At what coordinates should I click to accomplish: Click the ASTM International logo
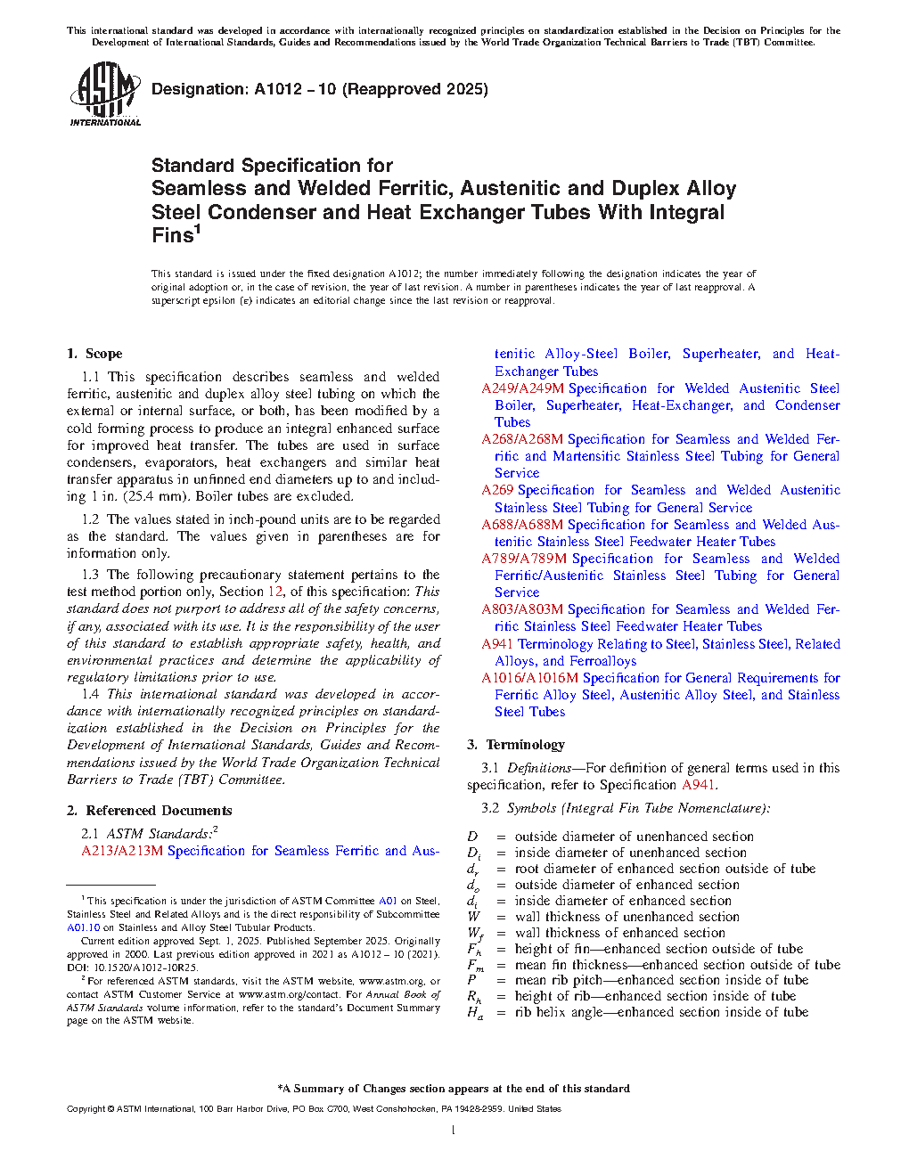pyautogui.click(x=104, y=94)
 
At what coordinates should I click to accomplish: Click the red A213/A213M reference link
pyautogui.click(x=122, y=851)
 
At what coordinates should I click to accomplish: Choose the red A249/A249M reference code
pyautogui.click(x=522, y=388)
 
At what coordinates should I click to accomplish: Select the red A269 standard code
pyautogui.click(x=497, y=490)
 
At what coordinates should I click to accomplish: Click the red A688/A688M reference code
pyautogui.click(x=522, y=525)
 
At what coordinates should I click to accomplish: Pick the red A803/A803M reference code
pyautogui.click(x=522, y=609)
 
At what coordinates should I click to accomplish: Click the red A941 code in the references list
pyautogui.click(x=497, y=644)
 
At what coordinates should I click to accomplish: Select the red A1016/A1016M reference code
pyautogui.click(x=529, y=678)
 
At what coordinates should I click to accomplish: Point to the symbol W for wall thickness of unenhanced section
pyautogui.click(x=473, y=917)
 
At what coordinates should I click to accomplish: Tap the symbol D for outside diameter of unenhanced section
pyautogui.click(x=472, y=837)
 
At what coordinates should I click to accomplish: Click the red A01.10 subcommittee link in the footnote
pyautogui.click(x=84, y=927)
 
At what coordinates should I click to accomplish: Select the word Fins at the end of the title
pyautogui.click(x=172, y=235)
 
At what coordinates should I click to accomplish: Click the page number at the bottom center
pyautogui.click(x=454, y=1131)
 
